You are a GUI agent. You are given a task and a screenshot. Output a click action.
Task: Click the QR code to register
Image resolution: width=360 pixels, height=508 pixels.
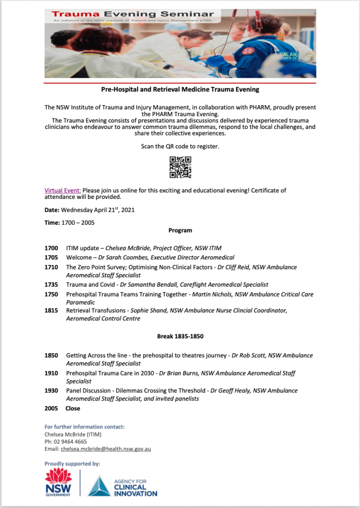pos(180,167)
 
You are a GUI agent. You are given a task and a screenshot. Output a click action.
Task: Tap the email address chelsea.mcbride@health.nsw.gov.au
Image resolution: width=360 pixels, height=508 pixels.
pos(106,449)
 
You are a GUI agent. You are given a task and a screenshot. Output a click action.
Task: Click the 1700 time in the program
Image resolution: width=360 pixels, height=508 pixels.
pos(51,248)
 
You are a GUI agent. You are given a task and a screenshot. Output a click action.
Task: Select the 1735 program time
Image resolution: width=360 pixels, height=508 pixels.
pos(51,285)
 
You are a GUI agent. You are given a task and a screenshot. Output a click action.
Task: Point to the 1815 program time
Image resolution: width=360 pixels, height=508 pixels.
pos(51,311)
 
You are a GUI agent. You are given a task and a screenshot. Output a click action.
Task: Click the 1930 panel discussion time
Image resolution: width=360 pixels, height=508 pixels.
pos(51,391)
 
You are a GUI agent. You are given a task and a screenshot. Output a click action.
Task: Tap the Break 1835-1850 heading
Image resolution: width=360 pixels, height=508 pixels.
pos(180,336)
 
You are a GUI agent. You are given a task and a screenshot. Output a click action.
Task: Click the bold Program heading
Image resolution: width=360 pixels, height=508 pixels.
pos(180,230)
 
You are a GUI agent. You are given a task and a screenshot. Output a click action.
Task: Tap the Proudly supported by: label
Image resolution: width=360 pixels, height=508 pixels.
pos(72,464)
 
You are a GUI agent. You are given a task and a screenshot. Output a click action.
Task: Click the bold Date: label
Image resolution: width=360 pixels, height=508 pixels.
pos(52,210)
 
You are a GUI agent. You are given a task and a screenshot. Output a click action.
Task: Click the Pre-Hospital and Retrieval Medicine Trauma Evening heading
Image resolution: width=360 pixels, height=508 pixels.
pos(180,90)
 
